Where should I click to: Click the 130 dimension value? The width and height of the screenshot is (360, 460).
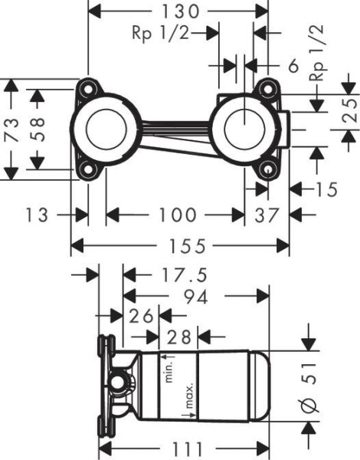tap(181, 11)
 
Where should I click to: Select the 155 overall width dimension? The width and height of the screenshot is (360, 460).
tap(187, 246)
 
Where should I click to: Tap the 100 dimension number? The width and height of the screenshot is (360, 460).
tap(177, 215)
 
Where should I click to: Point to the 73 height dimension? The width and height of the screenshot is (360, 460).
tap(11, 130)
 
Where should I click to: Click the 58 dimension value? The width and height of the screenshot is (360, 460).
tap(38, 130)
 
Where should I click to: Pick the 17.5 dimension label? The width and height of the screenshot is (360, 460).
tap(185, 275)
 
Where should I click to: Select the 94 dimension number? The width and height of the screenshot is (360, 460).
tap(195, 297)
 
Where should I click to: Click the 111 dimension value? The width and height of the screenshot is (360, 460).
tap(188, 449)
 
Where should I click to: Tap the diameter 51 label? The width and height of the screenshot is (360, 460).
tap(309, 387)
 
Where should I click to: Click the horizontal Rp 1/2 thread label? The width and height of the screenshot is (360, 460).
tap(160, 33)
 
